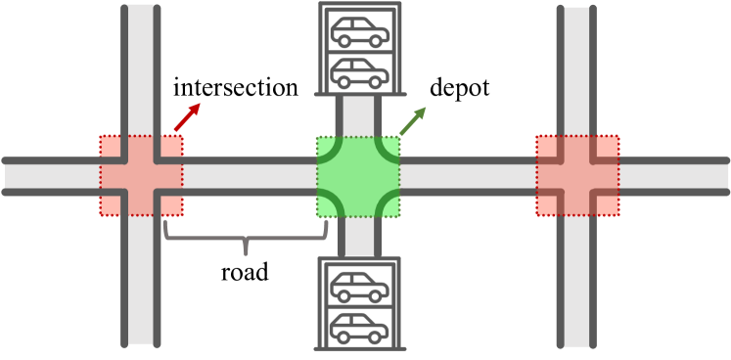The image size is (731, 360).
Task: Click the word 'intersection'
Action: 235,88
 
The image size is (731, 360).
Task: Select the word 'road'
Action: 246,272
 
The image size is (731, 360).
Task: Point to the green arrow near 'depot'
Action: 414,122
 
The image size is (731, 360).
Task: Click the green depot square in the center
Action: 358,176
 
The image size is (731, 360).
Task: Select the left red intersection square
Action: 141,176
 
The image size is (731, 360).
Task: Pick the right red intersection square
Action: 577,176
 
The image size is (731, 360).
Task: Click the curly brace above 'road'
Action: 246,235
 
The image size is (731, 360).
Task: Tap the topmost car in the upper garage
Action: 358,32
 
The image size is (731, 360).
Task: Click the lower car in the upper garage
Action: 358,71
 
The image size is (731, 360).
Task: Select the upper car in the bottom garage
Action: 358,288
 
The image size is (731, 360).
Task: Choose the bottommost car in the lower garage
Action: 358,327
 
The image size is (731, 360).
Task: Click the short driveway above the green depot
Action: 358,115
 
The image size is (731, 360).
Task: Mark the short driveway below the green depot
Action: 358,237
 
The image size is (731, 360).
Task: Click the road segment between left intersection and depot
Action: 249,176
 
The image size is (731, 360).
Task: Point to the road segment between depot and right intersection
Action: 468,176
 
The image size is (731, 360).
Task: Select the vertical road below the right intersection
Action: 577,284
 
